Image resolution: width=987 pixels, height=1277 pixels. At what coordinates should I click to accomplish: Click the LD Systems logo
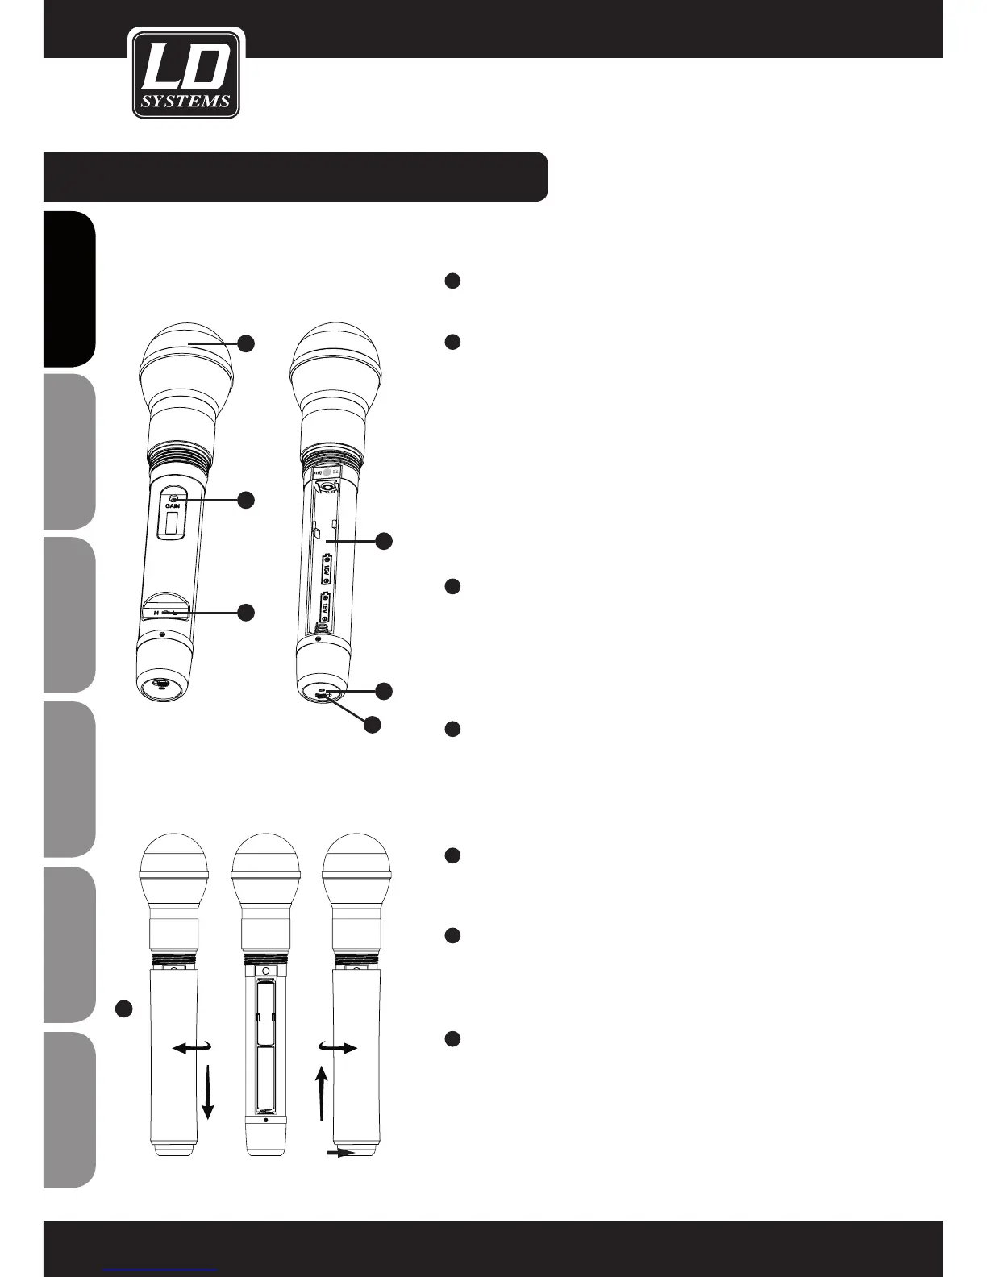187,74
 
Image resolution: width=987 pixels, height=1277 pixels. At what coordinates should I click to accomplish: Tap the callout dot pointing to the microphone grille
246,343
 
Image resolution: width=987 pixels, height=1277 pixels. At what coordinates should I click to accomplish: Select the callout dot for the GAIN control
246,500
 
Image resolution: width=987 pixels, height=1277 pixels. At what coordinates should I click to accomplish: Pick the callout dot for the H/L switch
246,613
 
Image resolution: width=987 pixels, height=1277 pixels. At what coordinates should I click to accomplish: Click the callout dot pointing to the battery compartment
385,541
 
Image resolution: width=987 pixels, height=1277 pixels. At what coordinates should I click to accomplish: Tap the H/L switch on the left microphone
166,613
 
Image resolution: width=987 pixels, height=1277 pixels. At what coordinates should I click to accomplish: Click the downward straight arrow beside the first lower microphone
208,1092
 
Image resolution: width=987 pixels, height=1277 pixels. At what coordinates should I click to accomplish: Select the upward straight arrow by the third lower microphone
322,1092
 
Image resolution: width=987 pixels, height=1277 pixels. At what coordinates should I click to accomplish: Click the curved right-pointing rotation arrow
339,1048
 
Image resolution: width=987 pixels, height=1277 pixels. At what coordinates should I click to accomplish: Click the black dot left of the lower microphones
123,1009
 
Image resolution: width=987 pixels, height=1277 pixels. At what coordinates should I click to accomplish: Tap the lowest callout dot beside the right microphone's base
372,725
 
